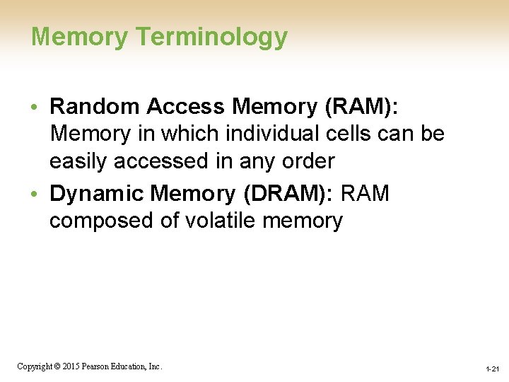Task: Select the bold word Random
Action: [96, 106]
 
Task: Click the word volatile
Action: [221, 221]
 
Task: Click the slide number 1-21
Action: [492, 369]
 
